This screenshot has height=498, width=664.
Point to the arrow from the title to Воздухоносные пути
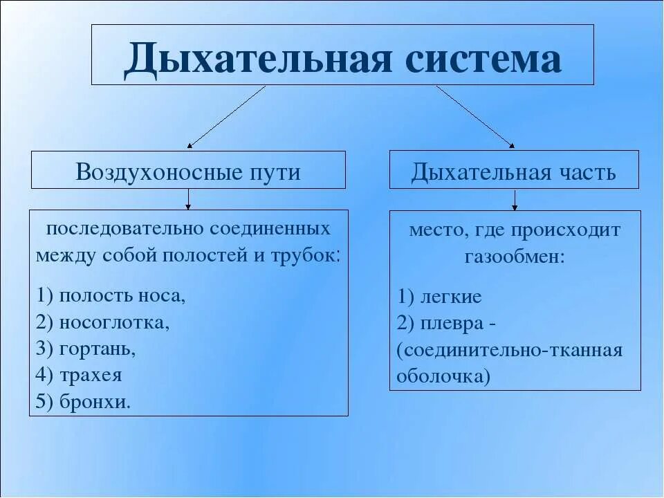[226, 117]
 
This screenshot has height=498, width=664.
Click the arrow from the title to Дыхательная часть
[475, 117]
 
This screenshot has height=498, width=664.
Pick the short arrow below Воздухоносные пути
[188, 199]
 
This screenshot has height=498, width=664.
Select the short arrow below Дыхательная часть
[515, 199]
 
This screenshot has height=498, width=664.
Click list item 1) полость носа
[112, 296]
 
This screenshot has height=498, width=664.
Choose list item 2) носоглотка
[104, 322]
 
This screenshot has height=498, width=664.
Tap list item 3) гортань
[87, 349]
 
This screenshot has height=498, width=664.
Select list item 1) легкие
[440, 297]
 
